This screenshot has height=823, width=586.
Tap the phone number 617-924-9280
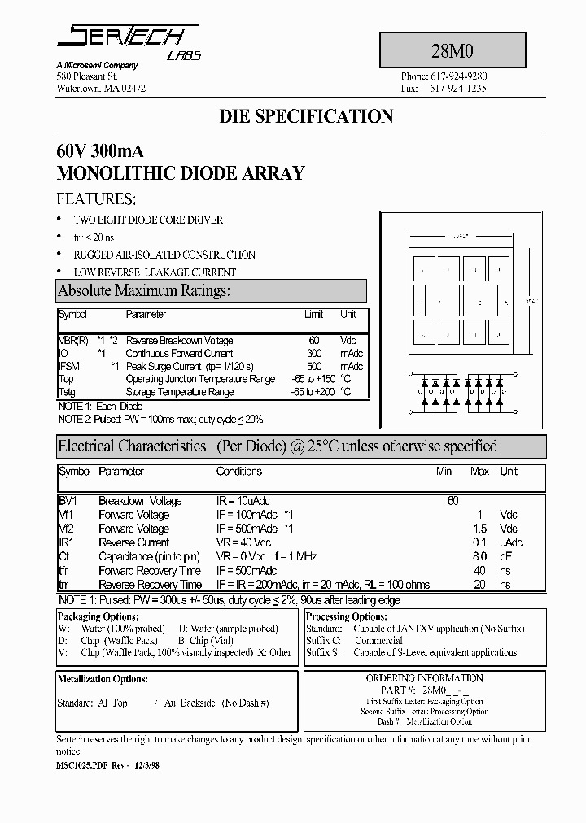[457, 76]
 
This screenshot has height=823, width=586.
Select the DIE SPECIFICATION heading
[306, 116]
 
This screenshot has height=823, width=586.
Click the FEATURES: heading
[96, 199]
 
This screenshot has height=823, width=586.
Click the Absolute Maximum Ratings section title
[145, 290]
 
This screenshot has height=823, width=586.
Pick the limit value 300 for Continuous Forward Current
[314, 354]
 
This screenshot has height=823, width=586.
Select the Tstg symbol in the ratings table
[67, 392]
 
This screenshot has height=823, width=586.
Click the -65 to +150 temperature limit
[313, 379]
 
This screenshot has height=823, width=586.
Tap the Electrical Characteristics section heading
[132, 446]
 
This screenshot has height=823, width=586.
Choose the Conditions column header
[238, 472]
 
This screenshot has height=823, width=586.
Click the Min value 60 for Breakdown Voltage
[453, 501]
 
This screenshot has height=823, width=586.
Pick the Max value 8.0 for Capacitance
[479, 556]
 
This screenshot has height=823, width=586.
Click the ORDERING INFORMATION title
[424, 678]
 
